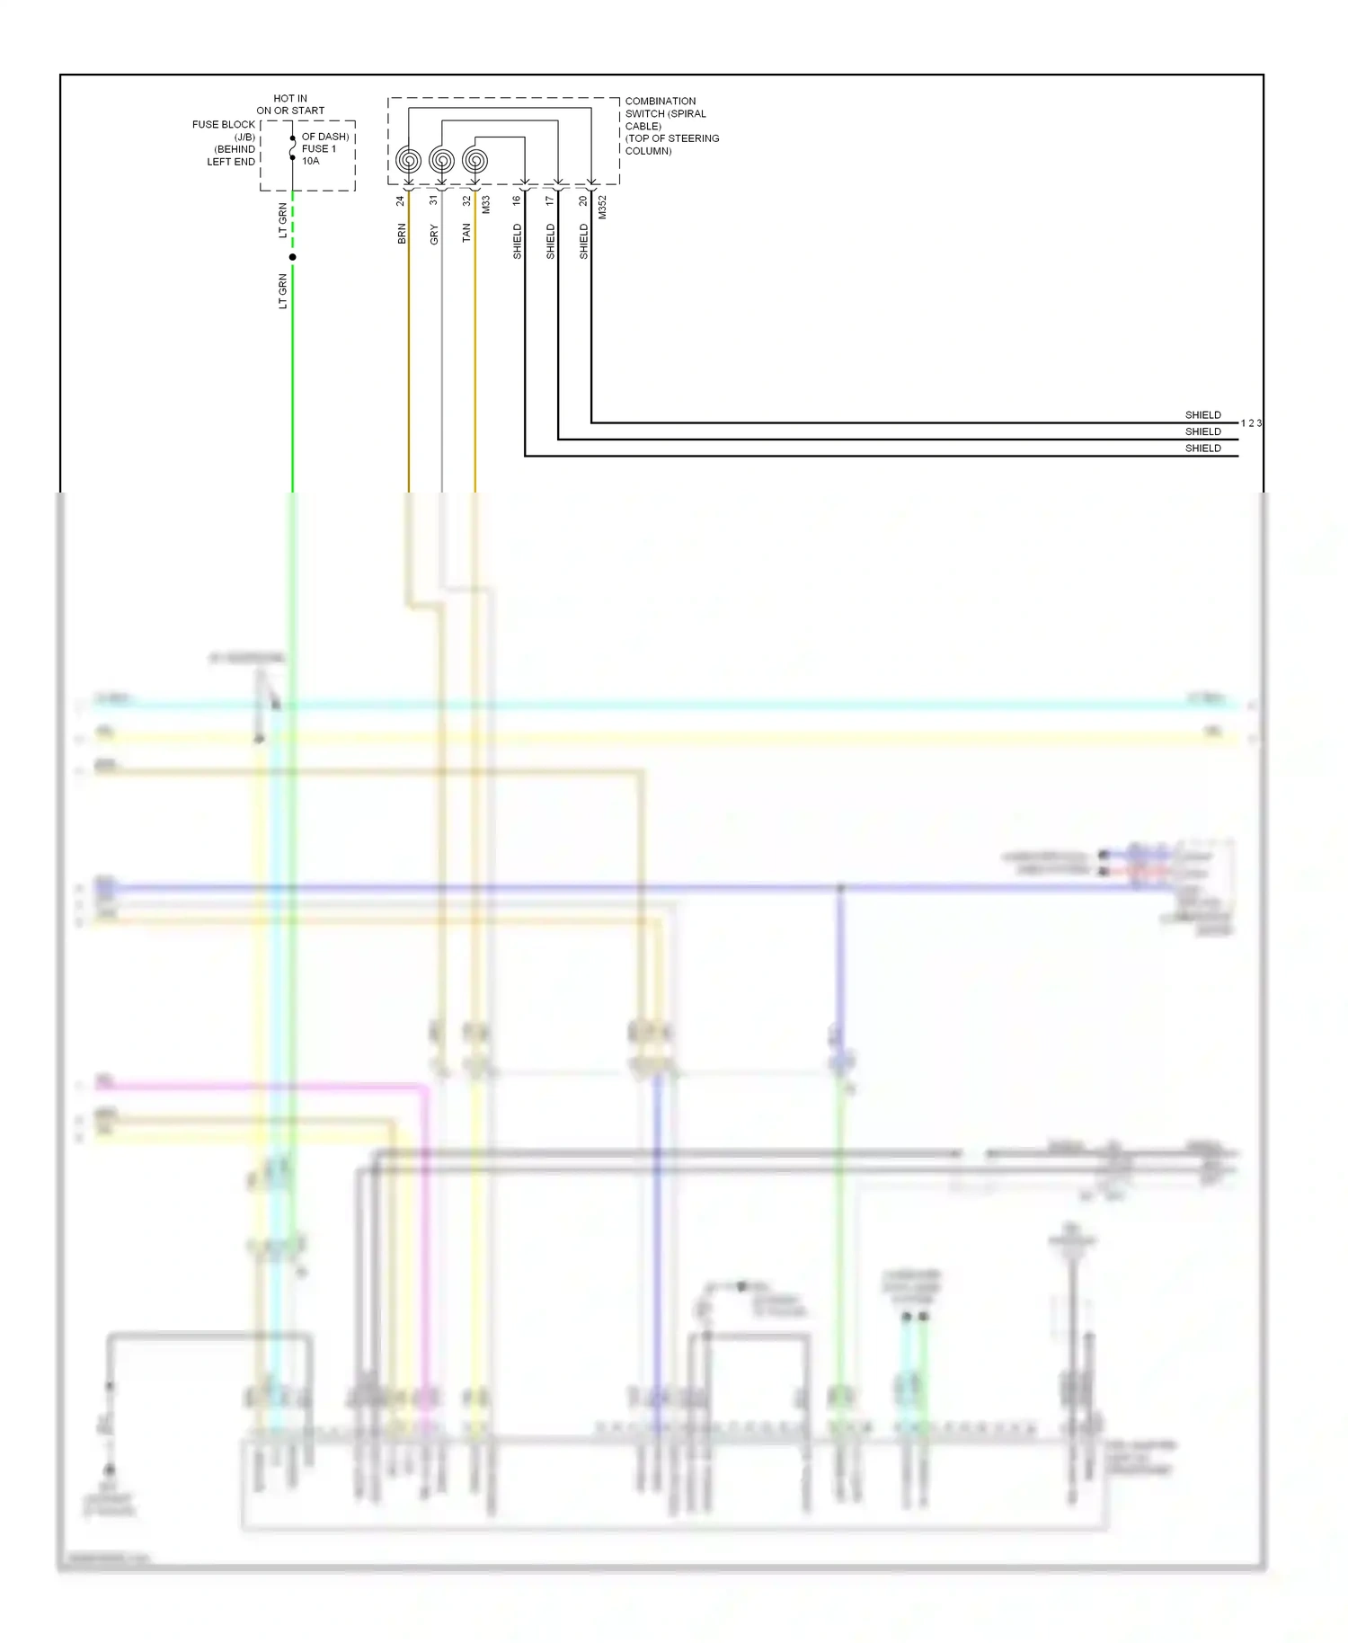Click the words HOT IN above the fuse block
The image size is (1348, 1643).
point(289,98)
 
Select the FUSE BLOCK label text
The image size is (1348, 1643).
point(224,124)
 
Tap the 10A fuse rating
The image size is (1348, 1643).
point(311,161)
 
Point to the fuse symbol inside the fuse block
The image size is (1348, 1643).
point(292,148)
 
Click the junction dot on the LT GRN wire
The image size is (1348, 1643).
point(292,257)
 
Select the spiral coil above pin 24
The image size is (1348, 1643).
point(408,161)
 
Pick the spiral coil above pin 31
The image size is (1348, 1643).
point(441,161)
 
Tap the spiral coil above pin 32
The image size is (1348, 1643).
point(474,161)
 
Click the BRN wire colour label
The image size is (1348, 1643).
point(402,234)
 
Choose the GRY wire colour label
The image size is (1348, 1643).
point(434,235)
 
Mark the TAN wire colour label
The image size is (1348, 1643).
point(466,233)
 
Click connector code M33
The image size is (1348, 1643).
point(486,204)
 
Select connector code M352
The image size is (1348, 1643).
point(603,207)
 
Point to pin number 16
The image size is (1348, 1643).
point(517,200)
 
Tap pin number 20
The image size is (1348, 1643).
point(583,200)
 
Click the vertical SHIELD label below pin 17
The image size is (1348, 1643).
point(550,242)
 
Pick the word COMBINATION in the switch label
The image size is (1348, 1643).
point(661,102)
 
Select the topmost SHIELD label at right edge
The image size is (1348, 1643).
point(1202,415)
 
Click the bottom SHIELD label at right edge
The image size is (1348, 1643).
point(1202,448)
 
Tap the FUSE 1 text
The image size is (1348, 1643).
point(319,149)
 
